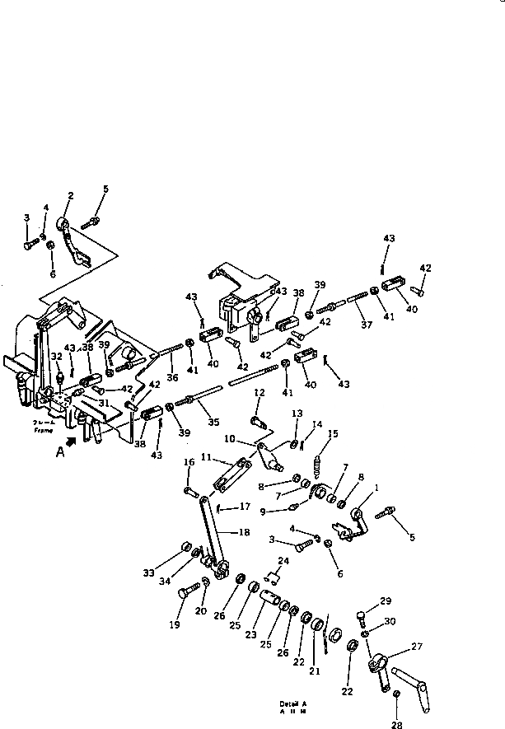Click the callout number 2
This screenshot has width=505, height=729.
70,195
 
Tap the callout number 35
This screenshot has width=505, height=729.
214,423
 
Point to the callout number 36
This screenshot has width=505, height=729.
171,378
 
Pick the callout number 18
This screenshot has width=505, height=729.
244,533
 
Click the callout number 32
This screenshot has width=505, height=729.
55,356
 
